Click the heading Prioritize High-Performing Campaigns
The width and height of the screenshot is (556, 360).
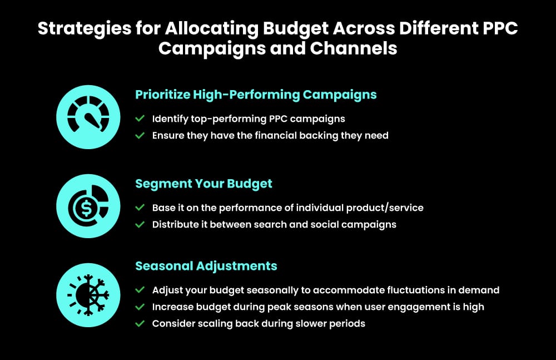(x=256, y=95)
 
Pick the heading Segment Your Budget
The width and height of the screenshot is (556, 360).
(x=203, y=184)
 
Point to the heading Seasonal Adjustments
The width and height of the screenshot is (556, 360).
(x=206, y=266)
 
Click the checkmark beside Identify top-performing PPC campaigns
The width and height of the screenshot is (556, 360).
(x=140, y=119)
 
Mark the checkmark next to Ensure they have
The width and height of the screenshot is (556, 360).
(x=140, y=135)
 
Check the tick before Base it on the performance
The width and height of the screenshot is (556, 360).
(x=140, y=208)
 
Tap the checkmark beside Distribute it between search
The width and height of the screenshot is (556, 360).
(x=140, y=224)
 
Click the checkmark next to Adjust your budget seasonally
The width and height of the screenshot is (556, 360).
(x=140, y=290)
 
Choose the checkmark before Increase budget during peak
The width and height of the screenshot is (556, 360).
(x=140, y=307)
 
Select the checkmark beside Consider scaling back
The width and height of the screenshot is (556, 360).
(x=140, y=323)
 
